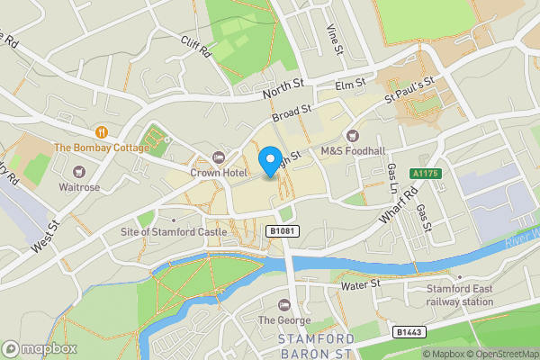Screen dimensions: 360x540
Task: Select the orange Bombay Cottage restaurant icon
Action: (x=101, y=132)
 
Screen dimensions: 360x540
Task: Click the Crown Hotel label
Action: (x=218, y=172)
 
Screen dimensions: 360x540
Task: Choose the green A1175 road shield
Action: (x=424, y=174)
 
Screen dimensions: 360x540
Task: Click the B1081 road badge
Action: (x=284, y=232)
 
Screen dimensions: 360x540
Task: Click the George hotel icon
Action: (x=285, y=303)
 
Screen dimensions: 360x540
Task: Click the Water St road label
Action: (x=362, y=285)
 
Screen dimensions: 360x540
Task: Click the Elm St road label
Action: (x=349, y=84)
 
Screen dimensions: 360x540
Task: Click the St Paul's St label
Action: (x=410, y=87)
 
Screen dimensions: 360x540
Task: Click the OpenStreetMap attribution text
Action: (x=500, y=354)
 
